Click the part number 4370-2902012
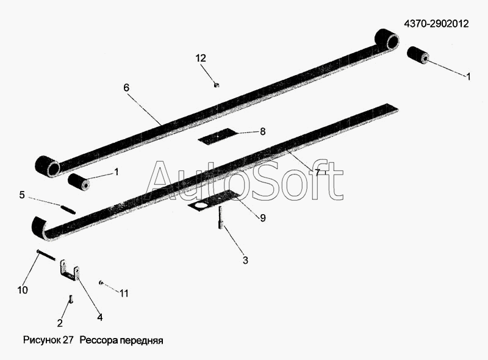[436, 24]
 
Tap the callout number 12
[201, 58]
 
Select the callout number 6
[126, 88]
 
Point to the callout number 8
[263, 132]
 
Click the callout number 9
[263, 218]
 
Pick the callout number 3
[245, 261]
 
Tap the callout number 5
[22, 195]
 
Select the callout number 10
[23, 290]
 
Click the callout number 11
[124, 293]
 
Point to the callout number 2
[60, 323]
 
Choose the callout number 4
[99, 317]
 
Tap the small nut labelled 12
[217, 84]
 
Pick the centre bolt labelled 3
[221, 218]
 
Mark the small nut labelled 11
[101, 283]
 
